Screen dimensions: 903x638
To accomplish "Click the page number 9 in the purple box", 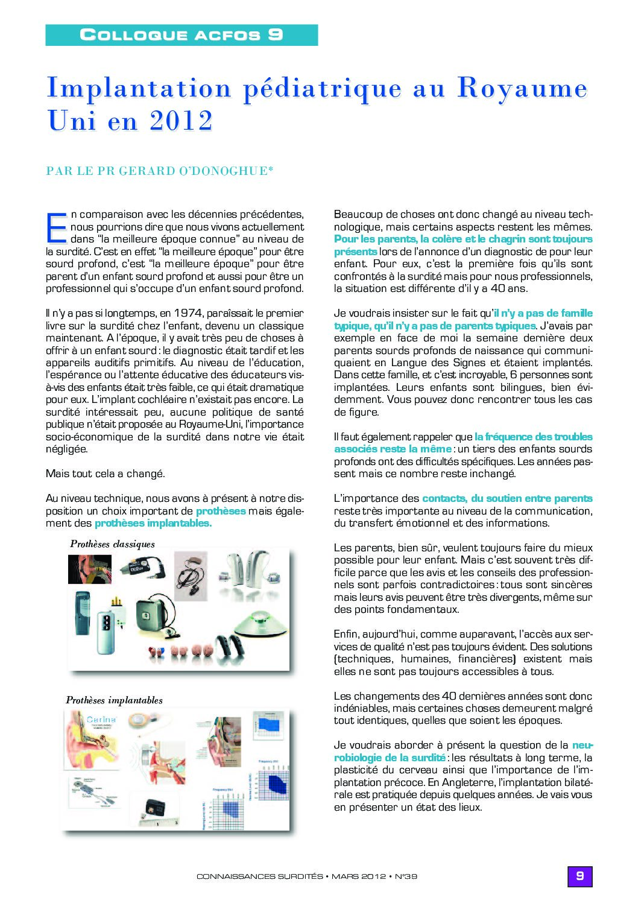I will tap(580, 876).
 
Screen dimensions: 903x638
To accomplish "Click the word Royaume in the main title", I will tap(522, 89).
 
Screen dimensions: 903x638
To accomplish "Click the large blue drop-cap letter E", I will tap(57, 227).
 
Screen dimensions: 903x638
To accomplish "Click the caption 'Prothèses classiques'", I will tap(112, 544).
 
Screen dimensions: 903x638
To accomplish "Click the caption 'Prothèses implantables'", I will tap(114, 700).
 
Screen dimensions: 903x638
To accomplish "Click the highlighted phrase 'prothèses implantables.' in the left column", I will tap(153, 523).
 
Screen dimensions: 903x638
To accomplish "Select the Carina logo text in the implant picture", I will tap(101, 720).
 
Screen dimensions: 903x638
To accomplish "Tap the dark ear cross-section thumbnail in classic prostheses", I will tap(89, 569).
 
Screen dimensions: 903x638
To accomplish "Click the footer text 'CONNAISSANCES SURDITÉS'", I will tap(259, 876).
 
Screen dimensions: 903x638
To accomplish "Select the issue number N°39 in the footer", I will tap(406, 876).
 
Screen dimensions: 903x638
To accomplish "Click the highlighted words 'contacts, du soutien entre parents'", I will tap(507, 498).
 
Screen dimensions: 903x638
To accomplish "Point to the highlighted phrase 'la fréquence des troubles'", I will tap(533, 437).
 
